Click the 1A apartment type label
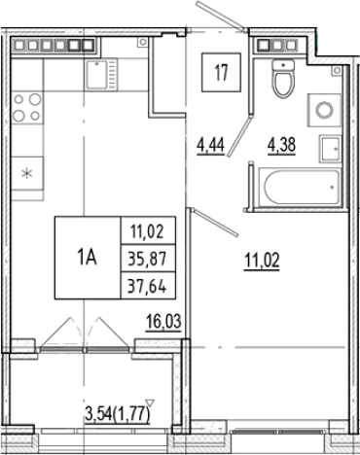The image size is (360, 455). click(x=86, y=257)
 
